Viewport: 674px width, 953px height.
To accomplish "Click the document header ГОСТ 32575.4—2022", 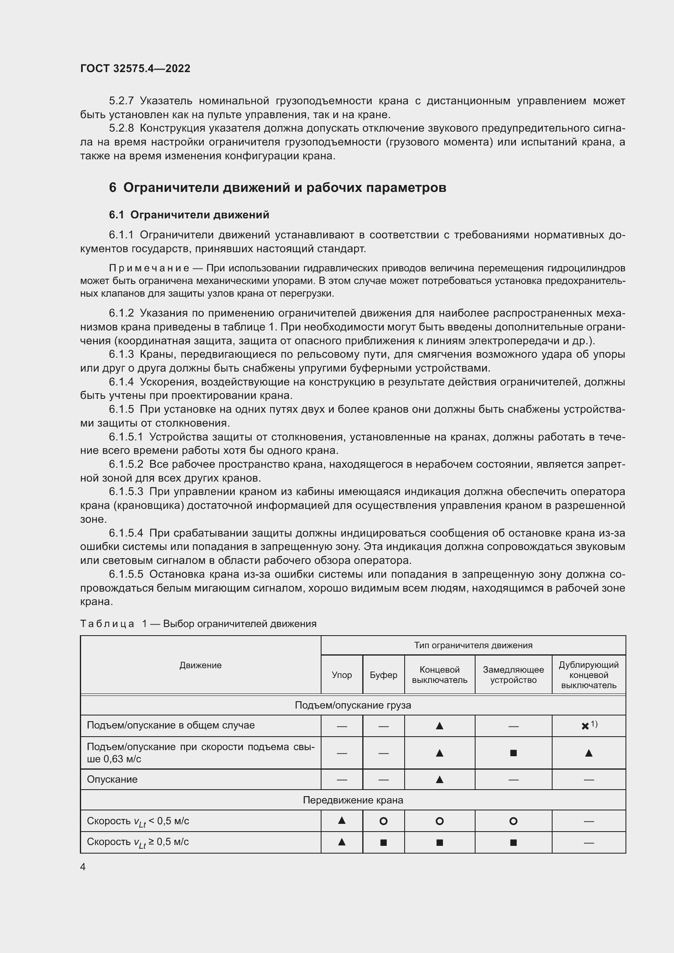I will coord(135,68).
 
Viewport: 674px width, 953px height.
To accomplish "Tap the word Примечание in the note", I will coord(149,268).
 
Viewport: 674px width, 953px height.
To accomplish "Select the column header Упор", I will coord(341,675).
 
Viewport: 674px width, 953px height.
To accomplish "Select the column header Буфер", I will coord(383,675).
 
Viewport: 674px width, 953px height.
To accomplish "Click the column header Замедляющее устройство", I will coord(513,674).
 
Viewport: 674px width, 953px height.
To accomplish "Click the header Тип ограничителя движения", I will coord(473,645).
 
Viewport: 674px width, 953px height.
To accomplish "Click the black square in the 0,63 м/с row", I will coord(513,753).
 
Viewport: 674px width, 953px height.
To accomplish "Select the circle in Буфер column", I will coord(383,821).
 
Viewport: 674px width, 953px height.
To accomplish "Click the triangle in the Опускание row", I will coord(440,779).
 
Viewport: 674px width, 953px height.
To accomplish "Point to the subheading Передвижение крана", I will coord(353,800).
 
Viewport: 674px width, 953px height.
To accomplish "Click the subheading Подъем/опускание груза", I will coord(353,705).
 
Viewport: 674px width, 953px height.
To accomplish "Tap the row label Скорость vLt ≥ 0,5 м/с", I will coord(138,842).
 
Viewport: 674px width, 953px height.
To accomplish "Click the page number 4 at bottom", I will coord(83,867).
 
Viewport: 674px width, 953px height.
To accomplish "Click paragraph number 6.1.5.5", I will coord(126,574).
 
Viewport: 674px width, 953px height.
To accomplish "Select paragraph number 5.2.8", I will coord(121,128).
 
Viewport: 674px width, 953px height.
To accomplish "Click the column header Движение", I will coord(200,665).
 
